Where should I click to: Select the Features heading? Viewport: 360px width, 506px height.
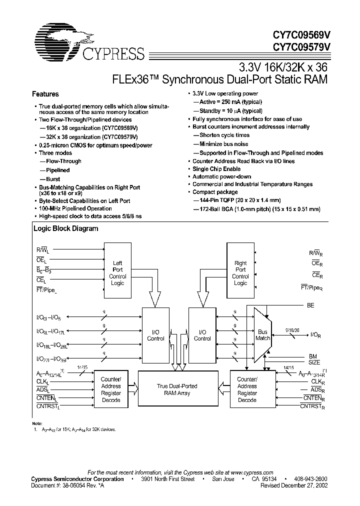(45, 94)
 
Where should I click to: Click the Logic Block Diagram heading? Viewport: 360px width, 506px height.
(65, 228)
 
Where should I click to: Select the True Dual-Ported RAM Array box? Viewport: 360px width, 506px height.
(177, 389)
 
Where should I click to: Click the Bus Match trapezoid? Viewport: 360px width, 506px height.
(262, 334)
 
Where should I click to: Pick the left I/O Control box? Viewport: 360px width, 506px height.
(155, 335)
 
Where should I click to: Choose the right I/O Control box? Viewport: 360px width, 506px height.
(202, 335)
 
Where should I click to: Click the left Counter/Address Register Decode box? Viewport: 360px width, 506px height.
(111, 389)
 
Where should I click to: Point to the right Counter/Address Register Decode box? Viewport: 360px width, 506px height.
(247, 389)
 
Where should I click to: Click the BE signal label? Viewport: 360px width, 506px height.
(310, 304)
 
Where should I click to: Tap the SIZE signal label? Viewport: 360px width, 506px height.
(314, 362)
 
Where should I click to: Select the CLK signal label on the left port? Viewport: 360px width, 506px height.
(43, 381)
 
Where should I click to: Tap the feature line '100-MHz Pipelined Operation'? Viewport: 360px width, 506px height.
(75, 208)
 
